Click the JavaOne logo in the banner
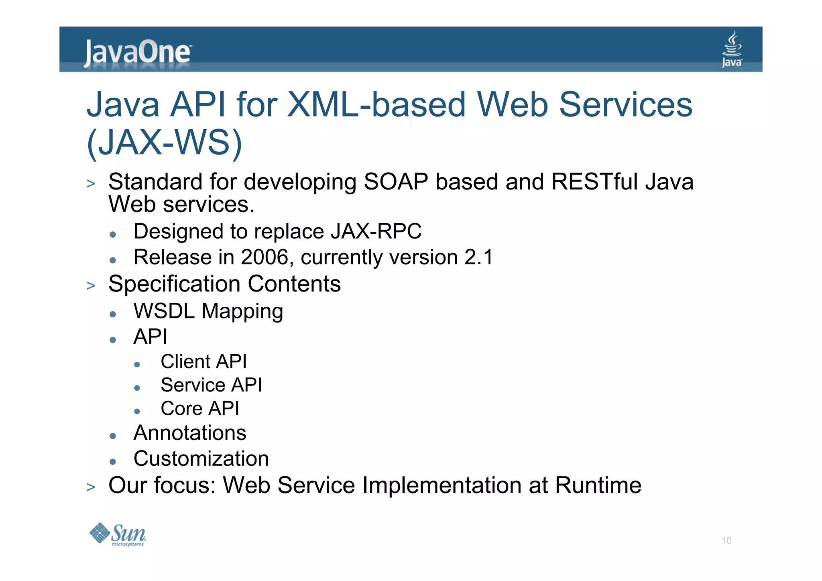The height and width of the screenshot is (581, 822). (137, 53)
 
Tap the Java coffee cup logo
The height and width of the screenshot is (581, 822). (732, 49)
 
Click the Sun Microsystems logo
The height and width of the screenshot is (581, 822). (118, 534)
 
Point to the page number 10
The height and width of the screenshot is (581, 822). (726, 540)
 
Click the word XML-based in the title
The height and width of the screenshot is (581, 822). (376, 104)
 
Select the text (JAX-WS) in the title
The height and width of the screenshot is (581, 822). (165, 143)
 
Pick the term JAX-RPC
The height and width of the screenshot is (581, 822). (376, 231)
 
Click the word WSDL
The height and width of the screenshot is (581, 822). (164, 311)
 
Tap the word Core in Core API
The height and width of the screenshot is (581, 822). (181, 408)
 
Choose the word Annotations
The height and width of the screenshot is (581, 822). (190, 433)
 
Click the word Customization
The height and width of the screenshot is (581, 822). (201, 459)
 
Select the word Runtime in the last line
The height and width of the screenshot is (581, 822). (598, 485)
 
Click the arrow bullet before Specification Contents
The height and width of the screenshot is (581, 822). (91, 286)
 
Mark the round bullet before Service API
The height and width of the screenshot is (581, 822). (137, 388)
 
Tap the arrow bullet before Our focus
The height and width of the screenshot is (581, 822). (91, 487)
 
